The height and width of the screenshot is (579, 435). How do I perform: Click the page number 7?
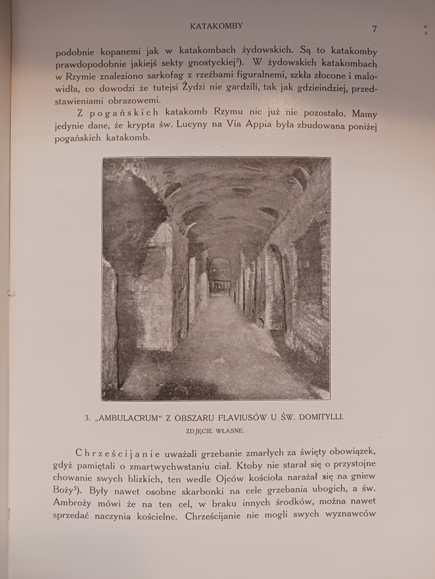(374, 29)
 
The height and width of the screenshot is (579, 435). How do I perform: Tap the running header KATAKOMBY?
(216, 26)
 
